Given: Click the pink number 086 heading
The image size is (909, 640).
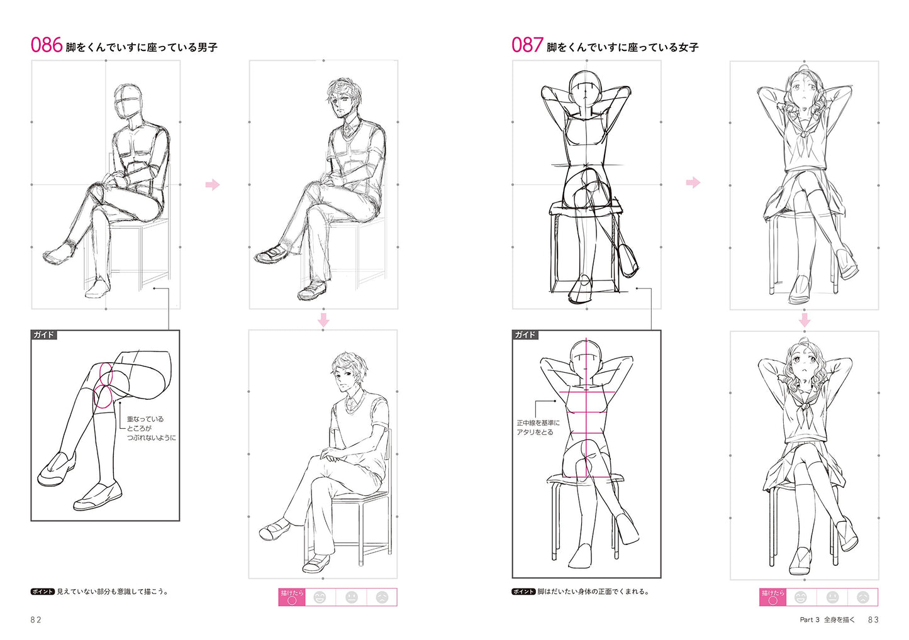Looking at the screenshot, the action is (47, 45).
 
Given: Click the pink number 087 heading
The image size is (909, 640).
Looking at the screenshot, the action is (527, 45).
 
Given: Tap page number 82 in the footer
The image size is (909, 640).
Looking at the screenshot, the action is (36, 620).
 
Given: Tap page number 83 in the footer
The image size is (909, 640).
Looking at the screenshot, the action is (873, 620).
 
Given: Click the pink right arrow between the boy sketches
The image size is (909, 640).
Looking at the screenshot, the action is (212, 185).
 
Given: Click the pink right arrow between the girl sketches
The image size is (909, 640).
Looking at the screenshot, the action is (693, 182).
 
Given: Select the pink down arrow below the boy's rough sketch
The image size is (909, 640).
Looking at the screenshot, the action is (323, 319).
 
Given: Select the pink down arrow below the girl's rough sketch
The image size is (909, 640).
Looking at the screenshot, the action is (805, 320).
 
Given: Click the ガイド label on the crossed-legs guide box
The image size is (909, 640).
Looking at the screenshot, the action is (43, 335).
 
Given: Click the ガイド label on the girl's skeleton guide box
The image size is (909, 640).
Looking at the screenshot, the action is (525, 335).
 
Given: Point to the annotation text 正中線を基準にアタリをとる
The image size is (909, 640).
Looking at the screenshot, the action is (538, 428).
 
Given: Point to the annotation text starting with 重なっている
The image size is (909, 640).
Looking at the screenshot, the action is (152, 428).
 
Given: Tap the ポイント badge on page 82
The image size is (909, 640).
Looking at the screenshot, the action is (42, 592).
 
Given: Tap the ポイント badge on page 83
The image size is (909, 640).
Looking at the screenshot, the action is (523, 592).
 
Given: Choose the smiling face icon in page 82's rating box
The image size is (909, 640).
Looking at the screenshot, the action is (320, 597).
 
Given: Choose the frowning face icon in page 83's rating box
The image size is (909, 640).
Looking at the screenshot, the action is (862, 597).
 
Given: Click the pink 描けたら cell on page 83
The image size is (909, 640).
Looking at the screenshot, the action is (772, 597).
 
